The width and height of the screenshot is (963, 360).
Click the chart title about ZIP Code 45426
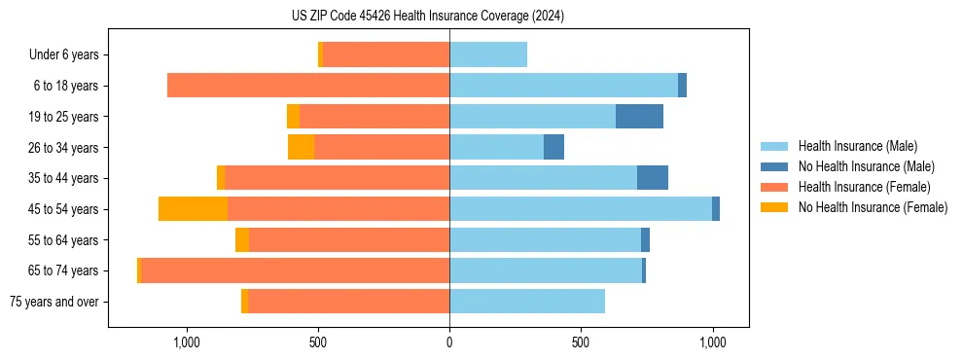[x=427, y=16]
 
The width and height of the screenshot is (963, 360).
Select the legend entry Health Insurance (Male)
[x=857, y=146]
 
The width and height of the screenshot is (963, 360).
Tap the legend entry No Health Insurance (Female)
[x=873, y=207]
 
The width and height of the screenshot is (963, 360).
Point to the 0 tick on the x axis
[x=449, y=342]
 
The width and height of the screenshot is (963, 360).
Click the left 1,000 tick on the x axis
[x=186, y=342]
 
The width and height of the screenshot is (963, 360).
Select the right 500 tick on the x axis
[x=581, y=342]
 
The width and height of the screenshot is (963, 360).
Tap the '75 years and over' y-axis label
[x=53, y=302]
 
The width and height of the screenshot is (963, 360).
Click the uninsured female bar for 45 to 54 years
[x=193, y=209]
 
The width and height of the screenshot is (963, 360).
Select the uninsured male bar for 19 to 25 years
[x=639, y=117]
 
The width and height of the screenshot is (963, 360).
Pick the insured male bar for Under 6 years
[x=488, y=54]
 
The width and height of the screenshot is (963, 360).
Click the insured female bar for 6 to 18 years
[x=308, y=86]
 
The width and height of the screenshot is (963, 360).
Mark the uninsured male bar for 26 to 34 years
[x=553, y=147]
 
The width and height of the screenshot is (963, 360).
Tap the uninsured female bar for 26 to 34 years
[x=301, y=147]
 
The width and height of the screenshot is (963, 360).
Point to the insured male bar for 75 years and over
[x=527, y=302]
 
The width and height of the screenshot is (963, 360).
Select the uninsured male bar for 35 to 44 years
[x=653, y=178]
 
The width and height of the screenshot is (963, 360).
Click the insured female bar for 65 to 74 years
[x=296, y=270]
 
